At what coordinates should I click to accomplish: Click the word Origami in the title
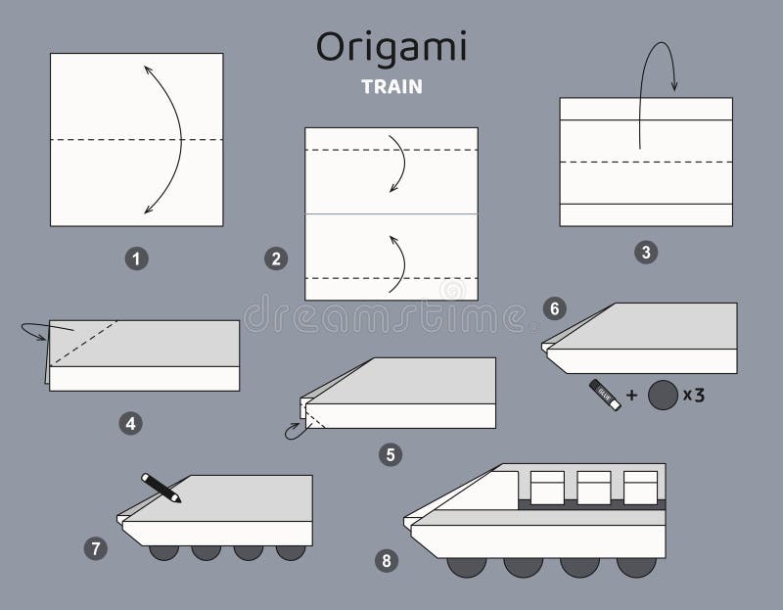[391, 47]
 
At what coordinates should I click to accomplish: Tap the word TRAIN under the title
[391, 86]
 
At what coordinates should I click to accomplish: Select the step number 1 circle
[137, 258]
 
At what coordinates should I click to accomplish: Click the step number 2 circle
[276, 258]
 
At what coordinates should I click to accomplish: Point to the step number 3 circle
[645, 253]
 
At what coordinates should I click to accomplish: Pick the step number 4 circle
[130, 423]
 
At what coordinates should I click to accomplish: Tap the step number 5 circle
[391, 454]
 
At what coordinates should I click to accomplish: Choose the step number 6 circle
[554, 309]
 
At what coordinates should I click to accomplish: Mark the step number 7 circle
[95, 548]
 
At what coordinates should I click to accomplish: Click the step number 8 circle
[386, 560]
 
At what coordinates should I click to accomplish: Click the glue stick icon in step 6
[604, 395]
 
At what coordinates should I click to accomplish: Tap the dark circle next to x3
[663, 396]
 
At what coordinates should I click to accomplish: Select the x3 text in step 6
[694, 396]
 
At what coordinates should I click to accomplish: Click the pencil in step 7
[161, 488]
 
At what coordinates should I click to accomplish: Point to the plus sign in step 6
[631, 396]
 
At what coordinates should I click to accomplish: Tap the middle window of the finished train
[594, 487]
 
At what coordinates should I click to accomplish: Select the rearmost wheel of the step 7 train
[291, 551]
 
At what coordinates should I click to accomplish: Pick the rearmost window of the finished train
[641, 487]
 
